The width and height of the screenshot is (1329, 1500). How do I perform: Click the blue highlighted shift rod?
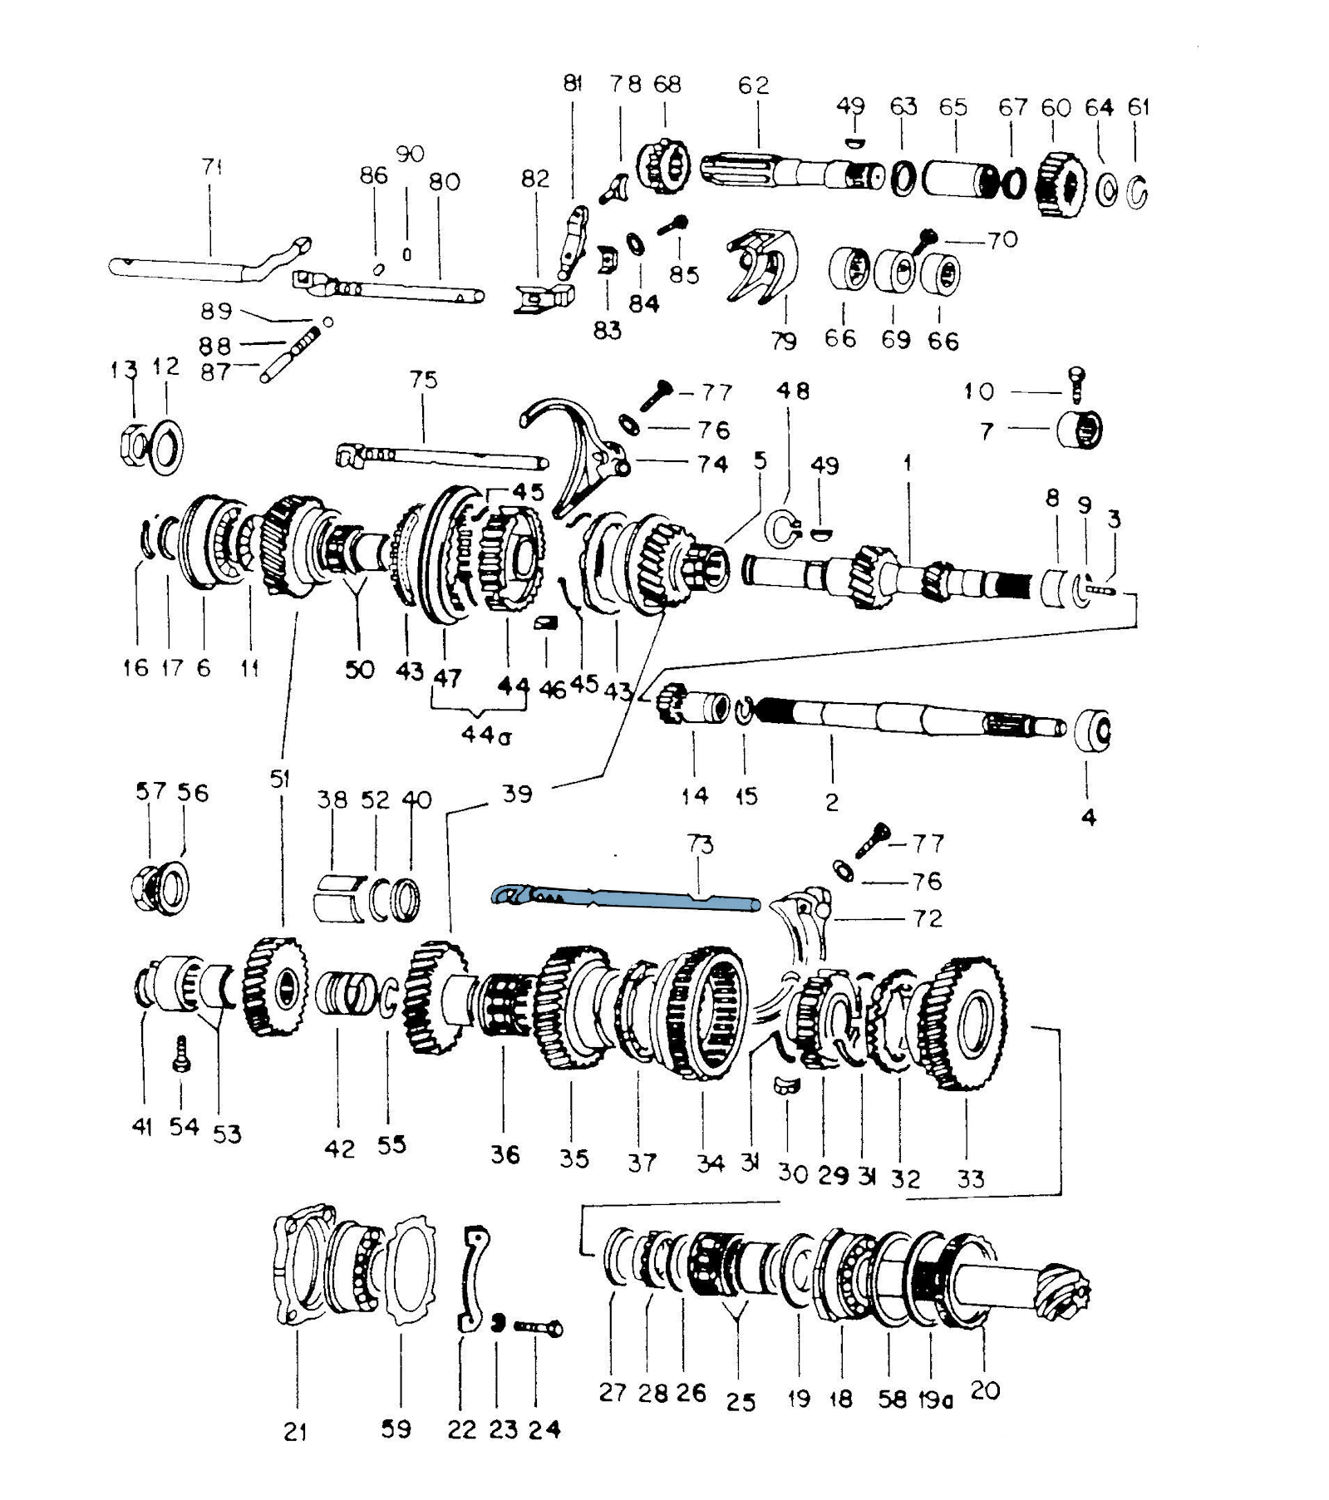click(x=625, y=898)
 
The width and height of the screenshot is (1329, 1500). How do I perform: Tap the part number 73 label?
click(x=700, y=844)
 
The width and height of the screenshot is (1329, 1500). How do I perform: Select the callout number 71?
click(x=212, y=167)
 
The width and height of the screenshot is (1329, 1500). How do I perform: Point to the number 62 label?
click(x=753, y=85)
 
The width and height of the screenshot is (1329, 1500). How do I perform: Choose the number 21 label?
click(x=295, y=1431)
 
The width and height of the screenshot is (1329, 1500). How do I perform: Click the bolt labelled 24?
click(x=538, y=1327)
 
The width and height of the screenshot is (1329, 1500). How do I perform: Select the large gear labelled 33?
click(x=967, y=1024)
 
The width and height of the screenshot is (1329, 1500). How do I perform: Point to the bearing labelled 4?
click(x=1092, y=730)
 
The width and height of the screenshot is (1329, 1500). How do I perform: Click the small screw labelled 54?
click(x=181, y=1055)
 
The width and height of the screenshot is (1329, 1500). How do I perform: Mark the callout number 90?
click(x=410, y=154)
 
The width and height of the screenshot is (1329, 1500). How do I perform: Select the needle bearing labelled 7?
click(x=1079, y=430)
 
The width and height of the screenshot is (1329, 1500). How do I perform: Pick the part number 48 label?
click(x=792, y=391)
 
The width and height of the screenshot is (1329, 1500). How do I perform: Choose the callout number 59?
click(x=396, y=1429)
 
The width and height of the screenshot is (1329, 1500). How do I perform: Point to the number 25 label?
click(x=740, y=1403)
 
